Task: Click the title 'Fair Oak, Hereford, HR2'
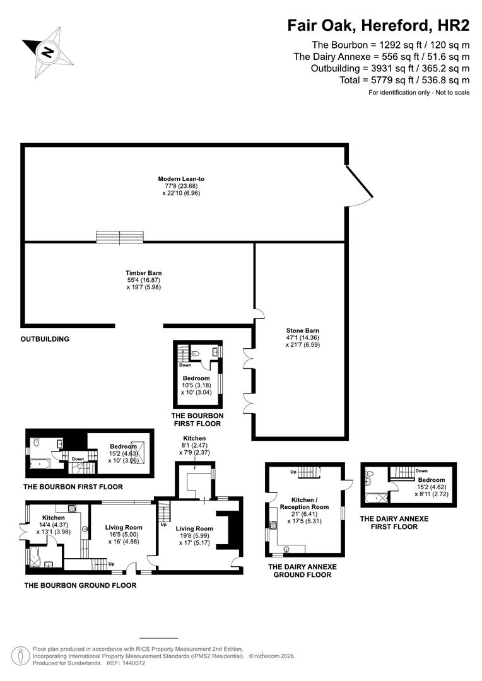pyautogui.click(x=379, y=25)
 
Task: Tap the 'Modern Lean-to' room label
pyautogui.click(x=181, y=179)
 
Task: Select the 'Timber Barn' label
pyautogui.click(x=139, y=273)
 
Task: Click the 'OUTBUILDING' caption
pyautogui.click(x=45, y=339)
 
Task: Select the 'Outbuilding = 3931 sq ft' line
pyautogui.click(x=391, y=68)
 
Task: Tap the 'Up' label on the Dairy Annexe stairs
pyautogui.click(x=293, y=472)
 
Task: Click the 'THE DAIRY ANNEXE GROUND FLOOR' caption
pyautogui.click(x=302, y=571)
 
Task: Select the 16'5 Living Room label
pyautogui.click(x=124, y=528)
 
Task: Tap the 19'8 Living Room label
pyautogui.click(x=194, y=528)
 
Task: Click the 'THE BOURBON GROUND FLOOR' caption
pyautogui.click(x=80, y=585)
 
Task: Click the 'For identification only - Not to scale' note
pyautogui.click(x=419, y=93)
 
